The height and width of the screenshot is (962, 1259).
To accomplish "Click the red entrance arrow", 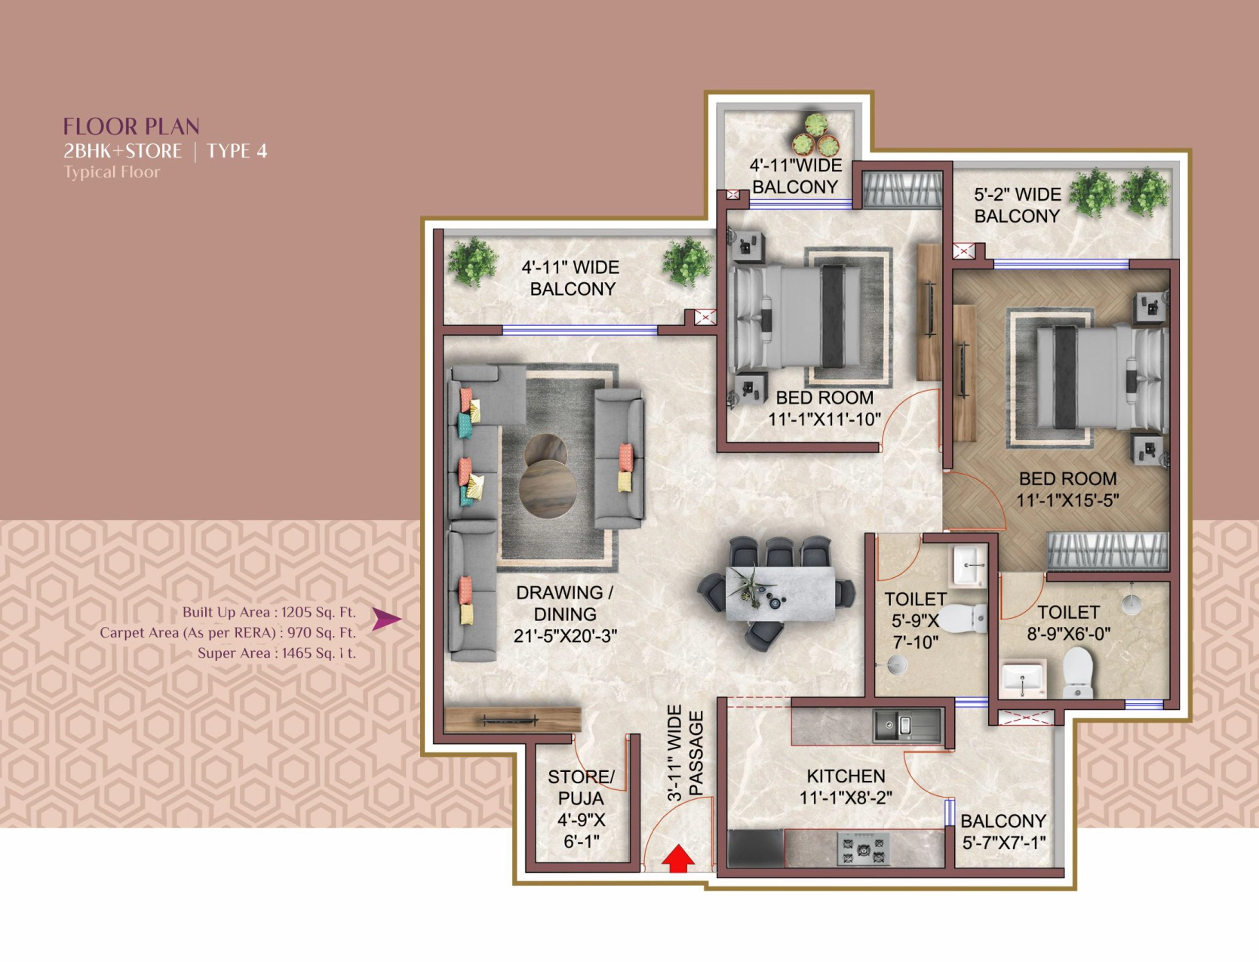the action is pos(678,858).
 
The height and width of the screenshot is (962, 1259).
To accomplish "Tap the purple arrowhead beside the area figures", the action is pos(386,619).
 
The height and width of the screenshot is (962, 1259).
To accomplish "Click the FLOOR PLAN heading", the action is pos(131,126).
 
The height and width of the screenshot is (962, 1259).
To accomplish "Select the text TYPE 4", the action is pos(237,151).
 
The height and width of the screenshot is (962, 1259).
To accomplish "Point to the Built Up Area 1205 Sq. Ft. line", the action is pos(269,612).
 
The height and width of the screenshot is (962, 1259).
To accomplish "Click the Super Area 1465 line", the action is pos(276,653).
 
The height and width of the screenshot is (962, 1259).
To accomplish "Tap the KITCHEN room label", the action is pos(846,776).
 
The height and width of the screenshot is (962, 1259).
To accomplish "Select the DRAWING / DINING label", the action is pos(565,603).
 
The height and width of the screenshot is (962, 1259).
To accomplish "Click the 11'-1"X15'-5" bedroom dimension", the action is pos(1067,501).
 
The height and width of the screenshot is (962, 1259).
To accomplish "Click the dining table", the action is pos(780,594).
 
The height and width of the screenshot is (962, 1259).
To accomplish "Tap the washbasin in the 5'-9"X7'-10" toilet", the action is pos(969,566).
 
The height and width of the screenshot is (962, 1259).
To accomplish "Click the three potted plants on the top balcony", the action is pos(816,135).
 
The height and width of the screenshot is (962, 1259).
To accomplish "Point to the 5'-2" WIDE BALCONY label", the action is pos(1017,205).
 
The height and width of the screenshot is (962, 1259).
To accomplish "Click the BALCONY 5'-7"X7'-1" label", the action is pos(1004,831).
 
